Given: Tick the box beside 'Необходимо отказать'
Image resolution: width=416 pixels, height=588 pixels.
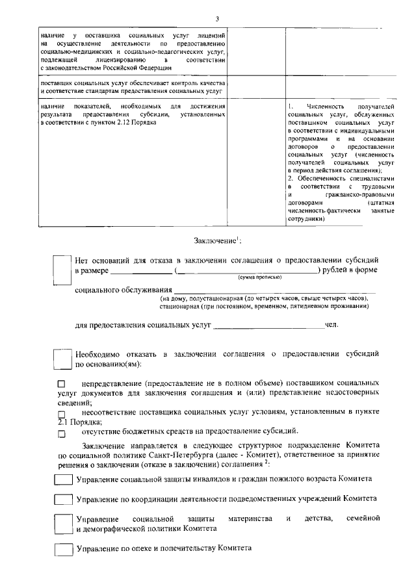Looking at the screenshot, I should pyautogui.click(x=62, y=359).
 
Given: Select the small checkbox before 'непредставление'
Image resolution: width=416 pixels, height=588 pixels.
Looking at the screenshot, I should pyautogui.click(x=62, y=385).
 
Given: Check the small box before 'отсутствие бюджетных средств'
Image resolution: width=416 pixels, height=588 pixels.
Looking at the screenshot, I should pyautogui.click(x=62, y=433).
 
